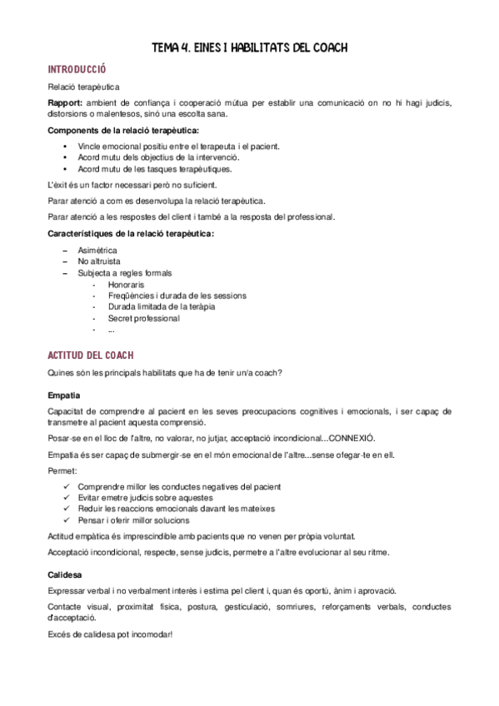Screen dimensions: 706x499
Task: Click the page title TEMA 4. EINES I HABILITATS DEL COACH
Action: pos(249,47)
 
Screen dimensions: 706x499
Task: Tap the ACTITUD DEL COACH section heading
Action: pos(91,355)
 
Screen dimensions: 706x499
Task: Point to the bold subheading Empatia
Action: pos(64,394)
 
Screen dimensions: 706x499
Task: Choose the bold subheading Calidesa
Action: pos(65,574)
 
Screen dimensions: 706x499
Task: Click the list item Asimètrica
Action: pos(97,250)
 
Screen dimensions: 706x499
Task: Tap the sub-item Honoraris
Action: pos(126,284)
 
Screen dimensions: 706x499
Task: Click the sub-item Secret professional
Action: pos(143,318)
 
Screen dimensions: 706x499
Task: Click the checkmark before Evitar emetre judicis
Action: pos(67,498)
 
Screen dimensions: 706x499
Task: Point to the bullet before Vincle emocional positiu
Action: pos(66,147)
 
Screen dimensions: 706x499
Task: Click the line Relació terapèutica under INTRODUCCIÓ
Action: pos(83,87)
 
